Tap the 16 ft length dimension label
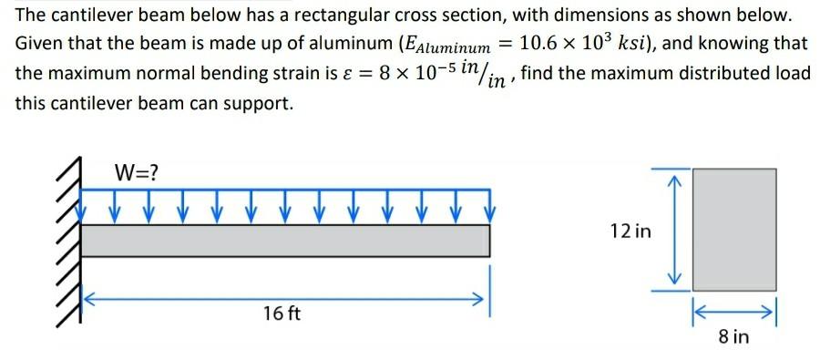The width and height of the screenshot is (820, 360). click(281, 314)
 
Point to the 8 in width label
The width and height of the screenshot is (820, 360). click(733, 337)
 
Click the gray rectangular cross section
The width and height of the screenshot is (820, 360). click(734, 229)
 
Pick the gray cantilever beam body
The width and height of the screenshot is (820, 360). click(286, 241)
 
